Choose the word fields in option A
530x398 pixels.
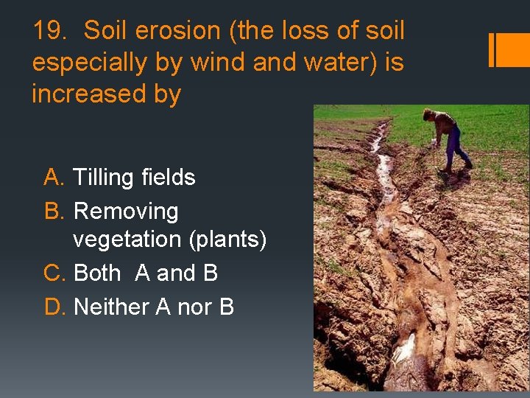click(169, 178)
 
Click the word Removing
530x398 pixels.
click(126, 212)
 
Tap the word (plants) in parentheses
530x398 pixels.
click(227, 240)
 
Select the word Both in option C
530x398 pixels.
click(97, 273)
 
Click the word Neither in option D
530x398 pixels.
click(112, 307)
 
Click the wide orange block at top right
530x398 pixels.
click(514, 50)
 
